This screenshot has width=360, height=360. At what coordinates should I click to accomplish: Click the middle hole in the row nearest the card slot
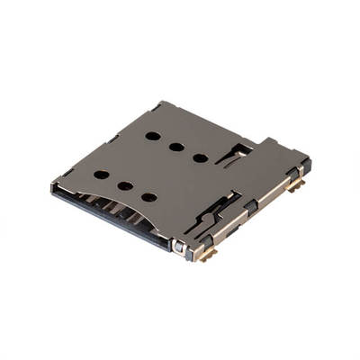(x=125, y=185)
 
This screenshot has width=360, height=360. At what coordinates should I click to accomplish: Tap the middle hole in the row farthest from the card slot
(x=176, y=147)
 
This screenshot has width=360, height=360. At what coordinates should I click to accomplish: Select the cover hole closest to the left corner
(x=102, y=174)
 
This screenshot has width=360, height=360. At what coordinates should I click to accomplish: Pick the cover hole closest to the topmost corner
(x=153, y=136)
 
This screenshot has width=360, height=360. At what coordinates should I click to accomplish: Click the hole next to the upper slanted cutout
(x=200, y=158)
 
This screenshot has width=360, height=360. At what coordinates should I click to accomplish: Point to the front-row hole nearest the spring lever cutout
(x=148, y=196)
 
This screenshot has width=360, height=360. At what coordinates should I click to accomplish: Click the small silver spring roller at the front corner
(x=180, y=246)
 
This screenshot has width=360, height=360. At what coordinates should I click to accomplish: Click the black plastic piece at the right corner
(x=306, y=166)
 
